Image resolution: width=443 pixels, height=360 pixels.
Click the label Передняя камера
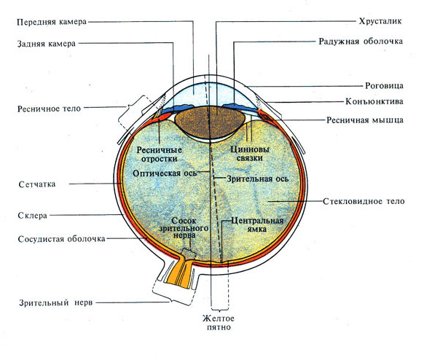click(52, 22)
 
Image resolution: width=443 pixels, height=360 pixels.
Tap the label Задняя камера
click(46, 44)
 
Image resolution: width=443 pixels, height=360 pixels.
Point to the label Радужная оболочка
click(360, 42)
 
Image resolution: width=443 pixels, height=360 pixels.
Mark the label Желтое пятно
click(219, 323)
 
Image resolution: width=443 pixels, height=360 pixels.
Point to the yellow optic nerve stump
click(177, 273)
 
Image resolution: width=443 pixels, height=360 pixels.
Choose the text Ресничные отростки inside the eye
click(160, 154)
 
